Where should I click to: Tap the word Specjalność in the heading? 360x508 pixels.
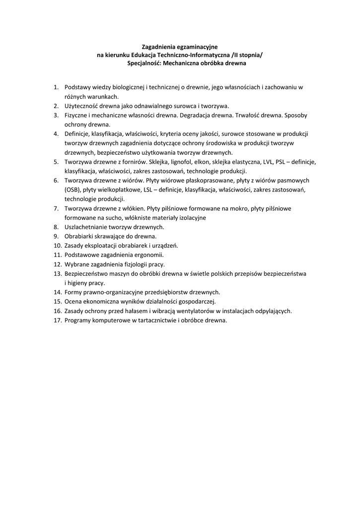pyautogui.click(x=144, y=63)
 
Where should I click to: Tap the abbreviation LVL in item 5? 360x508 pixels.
pyautogui.click(x=267, y=162)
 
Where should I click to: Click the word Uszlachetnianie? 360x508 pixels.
pyautogui.click(x=87, y=227)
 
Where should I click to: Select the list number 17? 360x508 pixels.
pyautogui.click(x=57, y=320)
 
